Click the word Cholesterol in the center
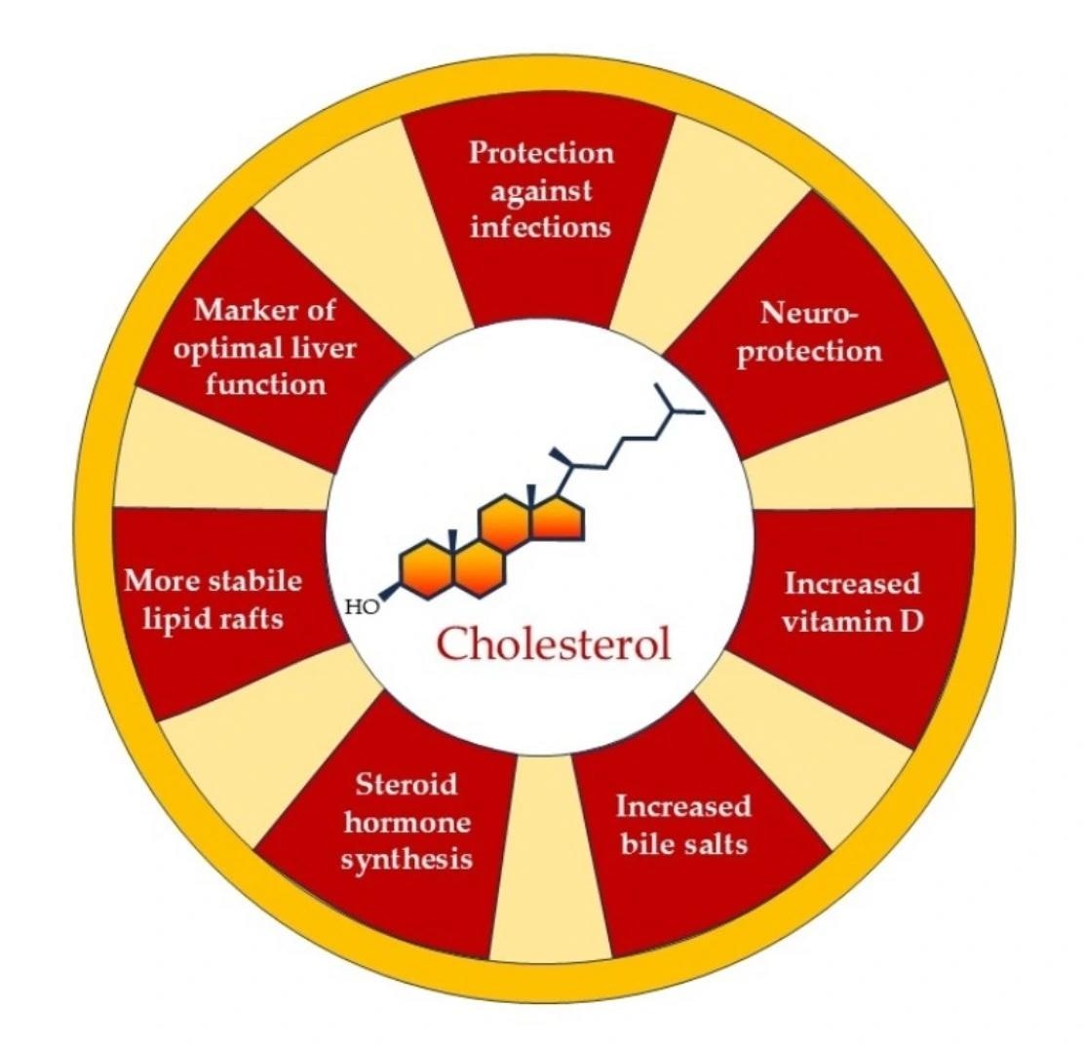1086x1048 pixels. click(x=553, y=642)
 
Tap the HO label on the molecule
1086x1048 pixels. click(x=359, y=606)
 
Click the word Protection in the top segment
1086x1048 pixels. click(x=542, y=153)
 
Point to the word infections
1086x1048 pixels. click(x=541, y=227)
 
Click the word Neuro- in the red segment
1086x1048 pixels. click(x=807, y=313)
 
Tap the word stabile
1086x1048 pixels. click(x=258, y=582)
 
